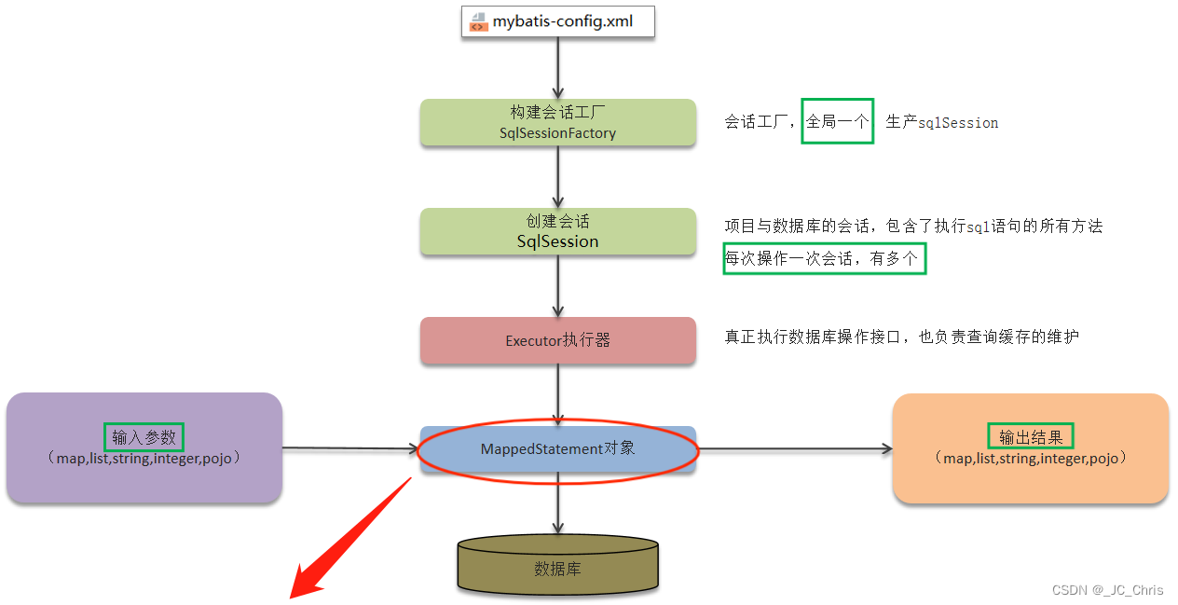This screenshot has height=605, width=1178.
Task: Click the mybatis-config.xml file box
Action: tap(557, 21)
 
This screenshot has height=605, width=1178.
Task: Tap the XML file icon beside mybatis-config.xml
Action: tap(478, 21)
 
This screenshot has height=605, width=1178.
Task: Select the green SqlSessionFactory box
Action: tap(557, 123)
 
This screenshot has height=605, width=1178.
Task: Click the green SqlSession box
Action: tap(557, 232)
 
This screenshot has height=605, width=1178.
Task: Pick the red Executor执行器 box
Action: tap(557, 340)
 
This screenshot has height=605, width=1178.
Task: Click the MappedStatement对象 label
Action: tap(557, 449)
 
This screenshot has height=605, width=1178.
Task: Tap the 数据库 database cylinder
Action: tap(557, 566)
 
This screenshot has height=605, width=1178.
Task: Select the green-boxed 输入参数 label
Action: tap(144, 436)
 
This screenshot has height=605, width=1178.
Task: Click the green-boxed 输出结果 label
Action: tap(1030, 436)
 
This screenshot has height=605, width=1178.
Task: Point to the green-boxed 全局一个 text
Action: tap(837, 121)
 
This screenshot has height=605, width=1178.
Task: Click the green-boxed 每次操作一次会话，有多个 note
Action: tap(825, 259)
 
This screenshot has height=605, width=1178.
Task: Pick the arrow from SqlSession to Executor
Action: tap(557, 286)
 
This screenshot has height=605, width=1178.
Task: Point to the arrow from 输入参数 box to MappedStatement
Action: tap(349, 448)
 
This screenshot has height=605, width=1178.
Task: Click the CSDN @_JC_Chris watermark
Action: tap(1107, 590)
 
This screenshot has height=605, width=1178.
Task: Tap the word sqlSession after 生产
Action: tap(958, 123)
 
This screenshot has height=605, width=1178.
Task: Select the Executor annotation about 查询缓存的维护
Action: tap(901, 337)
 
